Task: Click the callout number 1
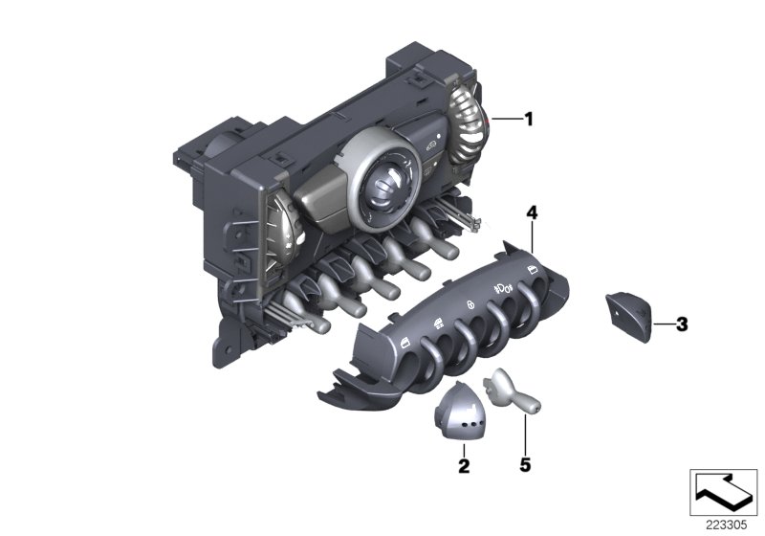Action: pos(529,119)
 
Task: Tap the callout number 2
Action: pos(464,466)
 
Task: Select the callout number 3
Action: pos(682,324)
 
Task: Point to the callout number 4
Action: pos(532,212)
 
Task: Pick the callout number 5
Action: pos(525,465)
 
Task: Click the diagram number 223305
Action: pos(727,525)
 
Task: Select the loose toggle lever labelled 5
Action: pos(511,392)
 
